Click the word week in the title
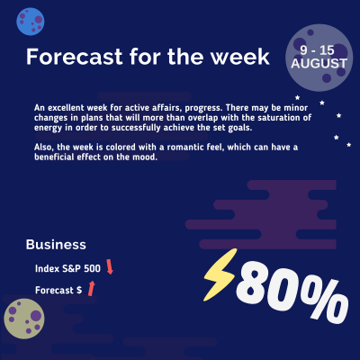point(238,57)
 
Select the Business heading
point(56,244)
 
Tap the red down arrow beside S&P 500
point(109,266)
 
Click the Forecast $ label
point(58,290)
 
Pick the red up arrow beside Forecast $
point(90,288)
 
